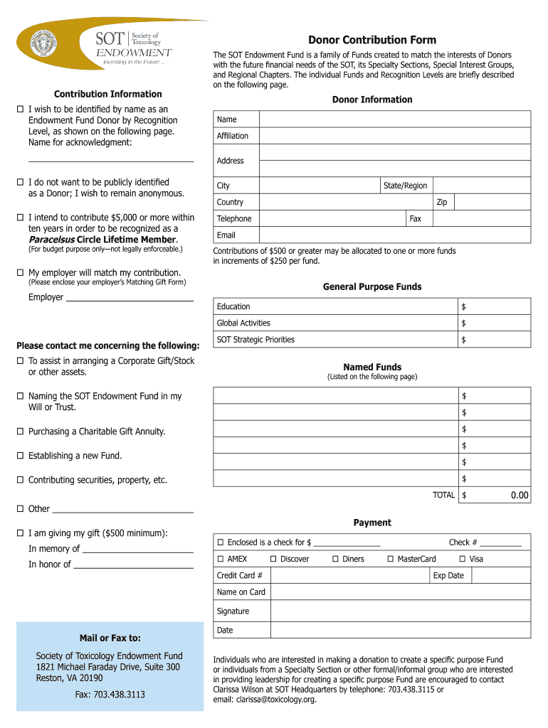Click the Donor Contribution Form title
point(372,40)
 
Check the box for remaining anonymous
point(20,183)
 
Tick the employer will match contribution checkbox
point(20,273)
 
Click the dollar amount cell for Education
point(494,306)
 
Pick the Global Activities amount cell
point(494,323)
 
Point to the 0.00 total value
point(519,496)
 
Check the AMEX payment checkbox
point(221,560)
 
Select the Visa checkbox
point(463,560)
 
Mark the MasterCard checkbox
point(391,560)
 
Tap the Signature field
point(399,611)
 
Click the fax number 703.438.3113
point(110,694)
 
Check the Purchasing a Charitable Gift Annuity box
point(20,432)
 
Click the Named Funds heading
point(372,367)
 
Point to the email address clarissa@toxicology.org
point(264,700)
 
